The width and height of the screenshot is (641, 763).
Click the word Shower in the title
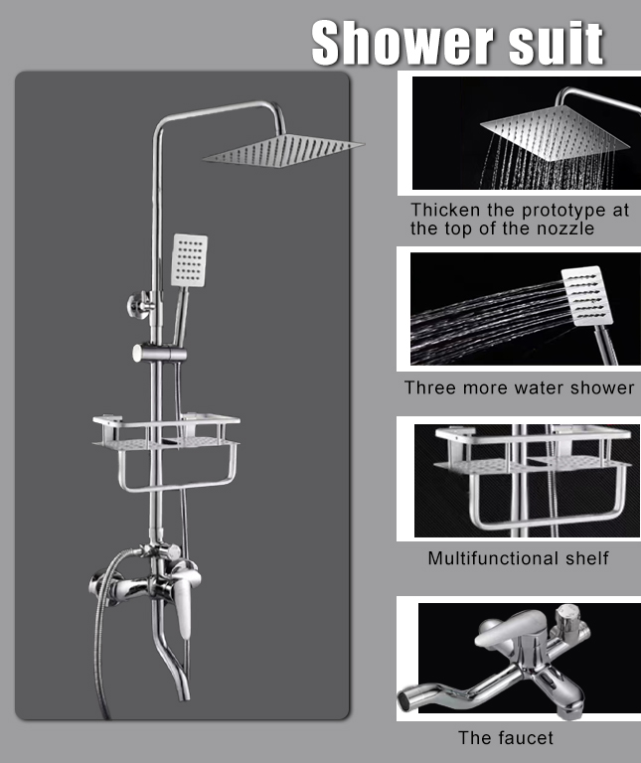pos(402,42)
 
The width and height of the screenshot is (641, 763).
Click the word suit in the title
pos(556,42)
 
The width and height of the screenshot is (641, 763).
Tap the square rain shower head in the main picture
pos(284,151)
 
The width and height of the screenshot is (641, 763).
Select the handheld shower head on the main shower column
pos(190,260)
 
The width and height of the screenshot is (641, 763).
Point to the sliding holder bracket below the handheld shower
pos(159,353)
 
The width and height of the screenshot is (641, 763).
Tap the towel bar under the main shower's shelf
pos(177,484)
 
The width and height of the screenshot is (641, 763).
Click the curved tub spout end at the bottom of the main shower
pos(184,691)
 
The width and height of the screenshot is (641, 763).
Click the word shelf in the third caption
pos(587,558)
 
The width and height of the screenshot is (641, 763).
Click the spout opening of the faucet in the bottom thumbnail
pos(405,701)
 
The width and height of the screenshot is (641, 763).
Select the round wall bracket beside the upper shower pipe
pos(138,306)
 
